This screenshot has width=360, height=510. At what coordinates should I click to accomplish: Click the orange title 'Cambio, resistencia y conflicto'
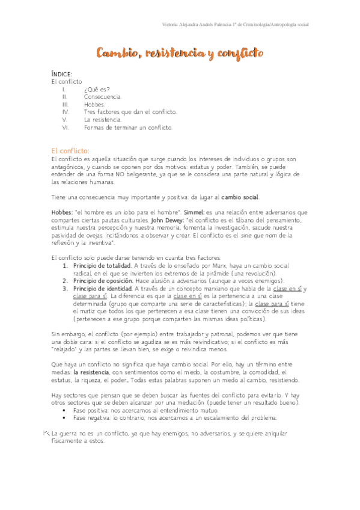pyautogui.click(x=180, y=54)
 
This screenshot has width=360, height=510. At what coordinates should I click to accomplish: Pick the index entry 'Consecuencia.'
pyautogui.click(x=103, y=96)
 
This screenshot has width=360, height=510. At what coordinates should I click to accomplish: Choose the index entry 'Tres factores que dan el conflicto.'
pyautogui.click(x=130, y=112)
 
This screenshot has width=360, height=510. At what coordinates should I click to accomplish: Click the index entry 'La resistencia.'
pyautogui.click(x=103, y=120)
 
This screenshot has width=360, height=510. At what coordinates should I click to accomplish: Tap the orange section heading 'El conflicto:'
pyautogui.click(x=70, y=150)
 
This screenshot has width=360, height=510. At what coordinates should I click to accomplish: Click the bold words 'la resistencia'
pyautogui.click(x=91, y=373)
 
